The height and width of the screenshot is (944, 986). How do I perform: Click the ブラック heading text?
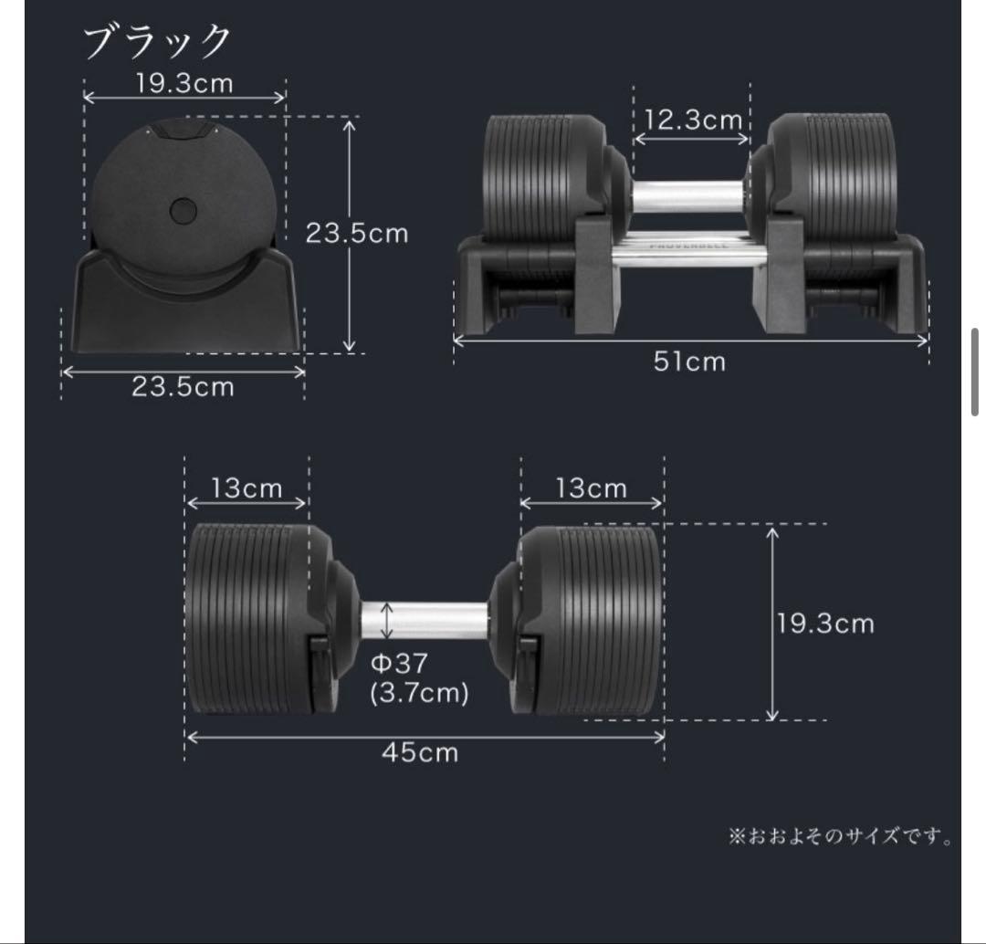click(x=158, y=42)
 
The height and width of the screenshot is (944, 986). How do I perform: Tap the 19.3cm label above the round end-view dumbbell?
click(x=184, y=83)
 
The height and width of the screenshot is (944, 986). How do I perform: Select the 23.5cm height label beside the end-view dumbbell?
click(x=356, y=233)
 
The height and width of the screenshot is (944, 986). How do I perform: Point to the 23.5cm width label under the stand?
click(x=183, y=386)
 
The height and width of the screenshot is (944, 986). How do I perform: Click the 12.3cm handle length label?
click(x=691, y=120)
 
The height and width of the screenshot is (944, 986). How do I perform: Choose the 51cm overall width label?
click(x=689, y=362)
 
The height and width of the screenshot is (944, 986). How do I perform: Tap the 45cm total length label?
click(x=420, y=752)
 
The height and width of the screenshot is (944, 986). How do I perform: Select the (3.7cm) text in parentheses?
click(x=419, y=693)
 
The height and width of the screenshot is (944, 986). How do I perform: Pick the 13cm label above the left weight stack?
click(x=246, y=488)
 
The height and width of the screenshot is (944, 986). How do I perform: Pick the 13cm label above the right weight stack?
click(x=592, y=488)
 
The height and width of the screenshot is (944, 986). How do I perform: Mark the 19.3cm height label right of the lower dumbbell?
click(x=825, y=624)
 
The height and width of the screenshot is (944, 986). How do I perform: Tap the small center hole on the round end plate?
click(x=183, y=211)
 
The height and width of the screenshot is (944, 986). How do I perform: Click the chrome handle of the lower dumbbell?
click(x=425, y=620)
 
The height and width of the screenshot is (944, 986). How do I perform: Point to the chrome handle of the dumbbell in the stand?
click(x=688, y=195)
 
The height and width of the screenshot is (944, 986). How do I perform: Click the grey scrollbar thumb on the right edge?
click(x=976, y=372)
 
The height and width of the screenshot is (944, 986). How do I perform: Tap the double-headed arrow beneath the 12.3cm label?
click(x=691, y=140)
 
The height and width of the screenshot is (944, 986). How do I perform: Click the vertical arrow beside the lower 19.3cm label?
click(x=773, y=624)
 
